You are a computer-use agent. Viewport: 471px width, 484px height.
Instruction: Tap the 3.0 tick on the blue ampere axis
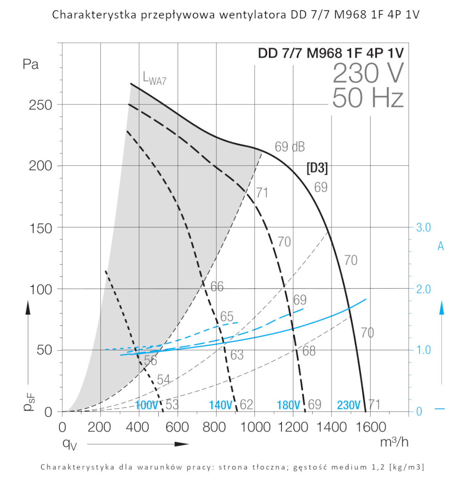(x=423, y=227)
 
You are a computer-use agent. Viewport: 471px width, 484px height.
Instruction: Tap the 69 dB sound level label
(x=290, y=147)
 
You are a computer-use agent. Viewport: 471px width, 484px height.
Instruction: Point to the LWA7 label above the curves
(x=154, y=78)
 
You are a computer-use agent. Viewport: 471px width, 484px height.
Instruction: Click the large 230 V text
(x=368, y=73)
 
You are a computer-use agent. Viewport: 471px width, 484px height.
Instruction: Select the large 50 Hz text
(x=368, y=98)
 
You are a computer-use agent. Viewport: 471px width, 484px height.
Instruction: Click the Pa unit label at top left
(x=31, y=65)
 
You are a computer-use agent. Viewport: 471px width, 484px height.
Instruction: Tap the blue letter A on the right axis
(x=441, y=246)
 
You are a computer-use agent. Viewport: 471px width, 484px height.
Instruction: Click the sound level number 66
(x=217, y=287)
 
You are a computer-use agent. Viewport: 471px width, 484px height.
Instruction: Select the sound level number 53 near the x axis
(x=172, y=404)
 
